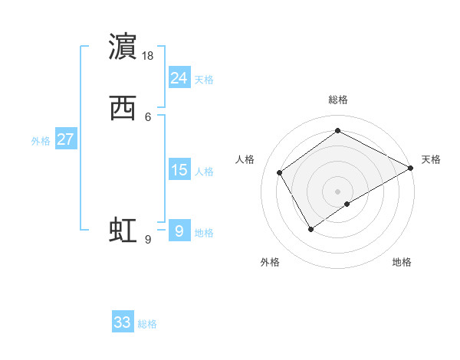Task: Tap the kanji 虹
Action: (123, 230)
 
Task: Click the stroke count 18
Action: (149, 56)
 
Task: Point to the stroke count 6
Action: (147, 117)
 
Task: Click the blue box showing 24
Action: (179, 77)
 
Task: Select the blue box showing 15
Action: (179, 170)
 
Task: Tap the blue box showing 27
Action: (66, 139)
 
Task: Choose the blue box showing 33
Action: (123, 322)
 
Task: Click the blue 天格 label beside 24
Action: (204, 80)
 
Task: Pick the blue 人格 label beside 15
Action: (204, 172)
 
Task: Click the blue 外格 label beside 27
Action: (41, 141)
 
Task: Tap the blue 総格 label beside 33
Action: (147, 324)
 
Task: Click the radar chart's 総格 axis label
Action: (337, 100)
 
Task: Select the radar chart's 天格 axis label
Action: (431, 159)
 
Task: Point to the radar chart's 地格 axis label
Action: (402, 262)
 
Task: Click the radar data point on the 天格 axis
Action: (411, 168)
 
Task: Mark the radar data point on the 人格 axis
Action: (280, 172)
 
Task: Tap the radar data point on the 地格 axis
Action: (347, 204)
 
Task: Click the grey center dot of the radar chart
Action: (337, 191)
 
